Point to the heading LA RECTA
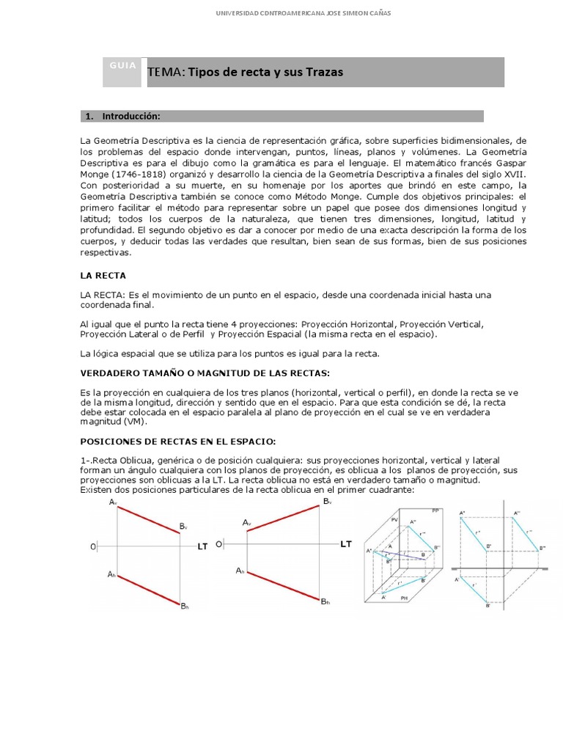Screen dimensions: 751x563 coord(103,276)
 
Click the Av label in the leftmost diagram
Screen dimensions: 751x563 coord(113,502)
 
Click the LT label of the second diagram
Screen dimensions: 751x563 coord(346,543)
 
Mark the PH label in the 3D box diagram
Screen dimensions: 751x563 coord(404,598)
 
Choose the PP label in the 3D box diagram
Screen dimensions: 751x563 coord(435,510)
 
